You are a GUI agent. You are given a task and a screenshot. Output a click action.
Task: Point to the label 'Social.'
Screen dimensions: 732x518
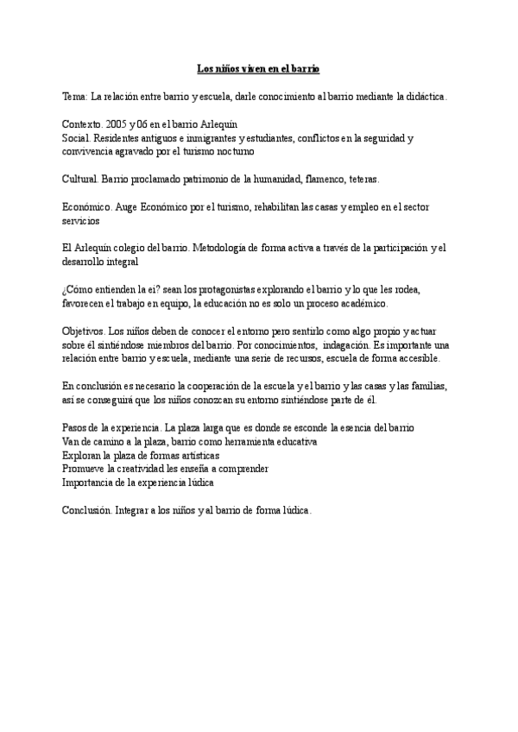79,138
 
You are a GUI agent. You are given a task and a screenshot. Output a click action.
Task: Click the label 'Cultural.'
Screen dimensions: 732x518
81,180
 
